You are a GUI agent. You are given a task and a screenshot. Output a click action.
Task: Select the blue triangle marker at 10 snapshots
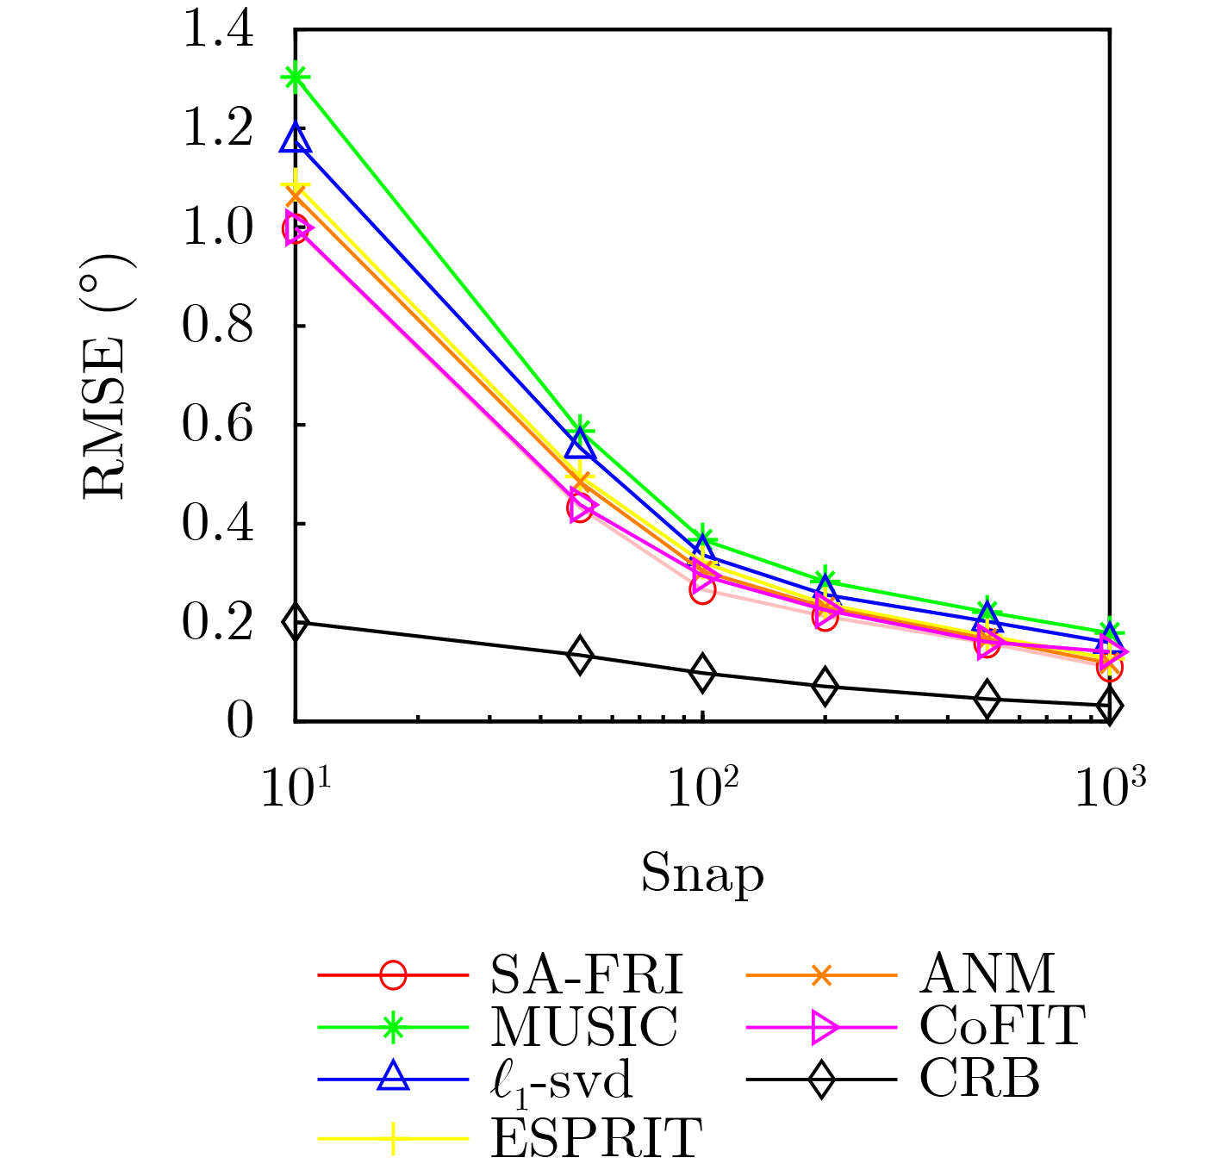pos(296,139)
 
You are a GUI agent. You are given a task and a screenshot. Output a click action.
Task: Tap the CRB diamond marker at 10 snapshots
pos(296,622)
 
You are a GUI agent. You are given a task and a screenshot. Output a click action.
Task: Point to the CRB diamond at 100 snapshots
pos(702,673)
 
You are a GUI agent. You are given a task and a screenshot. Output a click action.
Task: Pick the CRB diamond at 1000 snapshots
pos(1109,706)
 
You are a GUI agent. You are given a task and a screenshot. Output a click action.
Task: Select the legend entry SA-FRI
pos(586,975)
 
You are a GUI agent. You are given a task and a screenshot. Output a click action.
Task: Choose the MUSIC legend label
pos(584,1027)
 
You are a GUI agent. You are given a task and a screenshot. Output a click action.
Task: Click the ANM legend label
pos(987,975)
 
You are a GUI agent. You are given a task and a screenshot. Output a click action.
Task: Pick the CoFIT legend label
pos(1002,1027)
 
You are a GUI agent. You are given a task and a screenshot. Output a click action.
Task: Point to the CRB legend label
pos(980,1078)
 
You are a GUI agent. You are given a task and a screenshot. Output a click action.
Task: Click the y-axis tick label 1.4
pos(218,30)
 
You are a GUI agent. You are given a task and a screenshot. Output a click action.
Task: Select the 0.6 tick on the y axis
pos(218,425)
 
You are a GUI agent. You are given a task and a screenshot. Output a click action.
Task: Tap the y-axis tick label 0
pos(240,720)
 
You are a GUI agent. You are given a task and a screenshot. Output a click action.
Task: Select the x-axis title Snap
pos(702,874)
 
